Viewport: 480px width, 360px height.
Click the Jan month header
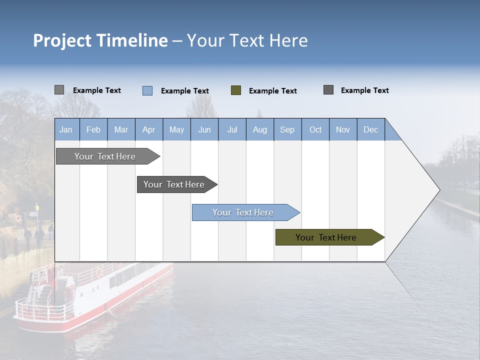[66, 129]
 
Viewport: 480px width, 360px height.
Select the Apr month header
[149, 129]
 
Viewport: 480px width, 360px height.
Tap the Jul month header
[232, 129]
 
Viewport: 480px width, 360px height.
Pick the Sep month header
[287, 129]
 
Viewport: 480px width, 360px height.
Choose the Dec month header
[371, 129]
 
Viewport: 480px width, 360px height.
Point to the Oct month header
[315, 129]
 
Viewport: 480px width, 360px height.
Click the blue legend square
[147, 90]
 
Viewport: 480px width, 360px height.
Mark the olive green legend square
[236, 90]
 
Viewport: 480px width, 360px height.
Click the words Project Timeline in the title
[100, 40]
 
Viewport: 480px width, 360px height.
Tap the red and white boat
[95, 295]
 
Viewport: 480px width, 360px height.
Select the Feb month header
[93, 129]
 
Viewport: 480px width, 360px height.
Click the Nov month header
[343, 129]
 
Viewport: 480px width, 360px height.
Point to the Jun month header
[204, 129]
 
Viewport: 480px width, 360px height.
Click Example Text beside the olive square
[273, 91]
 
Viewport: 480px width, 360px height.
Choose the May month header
[176, 129]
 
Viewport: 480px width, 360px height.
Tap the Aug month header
[260, 129]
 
